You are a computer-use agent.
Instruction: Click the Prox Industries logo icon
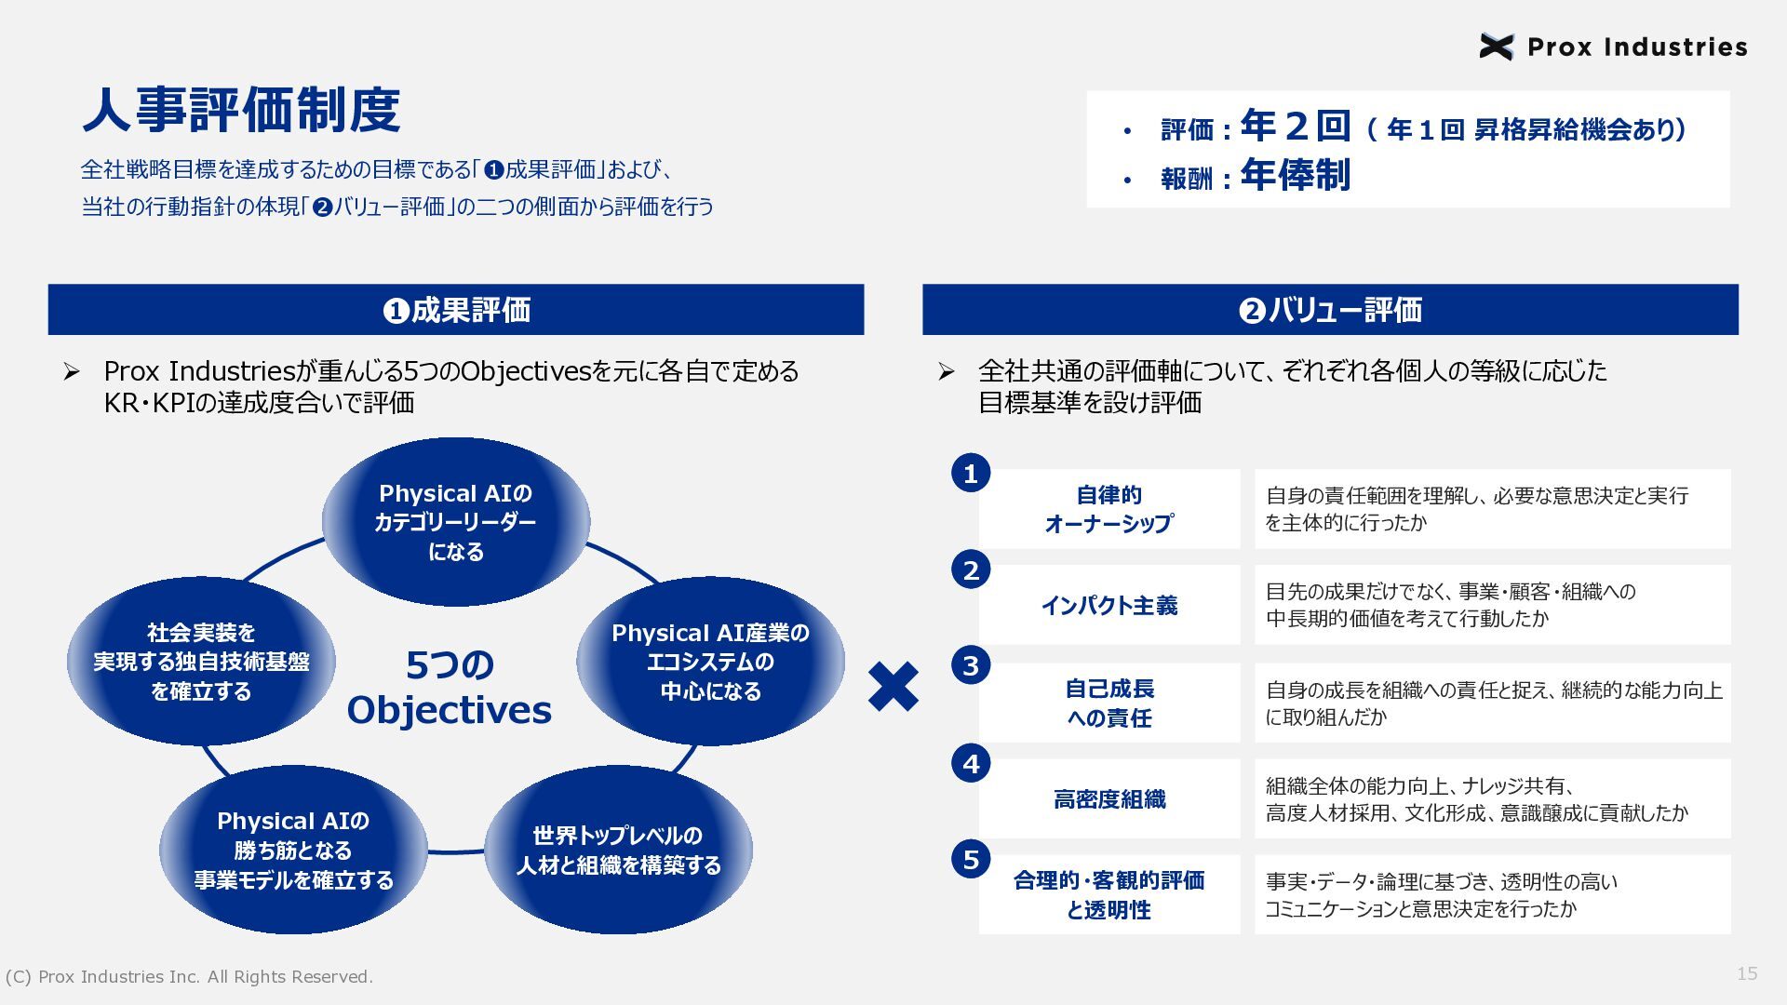(1497, 47)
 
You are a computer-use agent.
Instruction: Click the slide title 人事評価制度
(241, 111)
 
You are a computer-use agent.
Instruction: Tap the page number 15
(1747, 973)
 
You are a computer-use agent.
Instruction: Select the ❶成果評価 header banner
(456, 310)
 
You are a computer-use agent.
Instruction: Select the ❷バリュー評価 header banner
(1330, 310)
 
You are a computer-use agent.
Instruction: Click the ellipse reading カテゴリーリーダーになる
(456, 522)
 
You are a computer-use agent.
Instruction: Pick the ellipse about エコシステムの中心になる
(710, 662)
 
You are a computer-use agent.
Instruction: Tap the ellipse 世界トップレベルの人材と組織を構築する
(618, 850)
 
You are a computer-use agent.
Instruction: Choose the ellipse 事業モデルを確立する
(293, 850)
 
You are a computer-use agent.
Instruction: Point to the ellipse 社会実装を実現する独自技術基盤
(201, 662)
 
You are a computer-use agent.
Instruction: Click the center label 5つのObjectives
(450, 688)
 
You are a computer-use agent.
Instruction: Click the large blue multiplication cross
(893, 688)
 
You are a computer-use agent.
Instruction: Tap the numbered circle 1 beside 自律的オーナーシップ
(971, 474)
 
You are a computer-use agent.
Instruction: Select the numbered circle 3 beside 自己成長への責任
(971, 665)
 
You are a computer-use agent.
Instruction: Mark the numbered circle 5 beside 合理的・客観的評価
(971, 859)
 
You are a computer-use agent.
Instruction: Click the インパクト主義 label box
(1109, 605)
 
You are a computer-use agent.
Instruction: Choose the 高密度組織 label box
(1109, 798)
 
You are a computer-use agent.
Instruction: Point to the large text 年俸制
(1295, 175)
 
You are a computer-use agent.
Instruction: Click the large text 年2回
(1295, 125)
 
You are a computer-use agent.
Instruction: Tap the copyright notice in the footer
(189, 977)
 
